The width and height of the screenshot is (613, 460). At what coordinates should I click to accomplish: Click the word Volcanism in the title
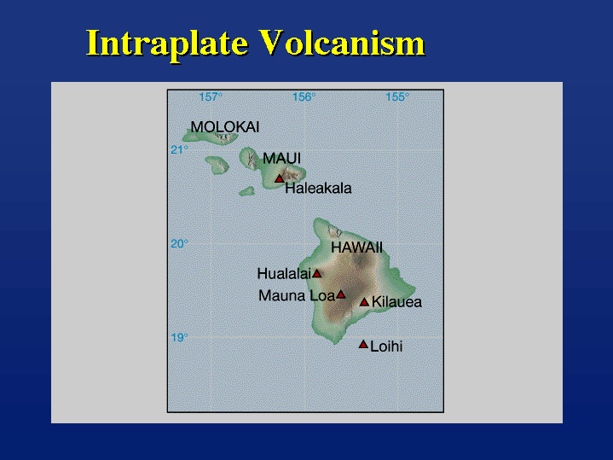342,43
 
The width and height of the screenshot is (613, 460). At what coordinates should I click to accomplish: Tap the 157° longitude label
211,96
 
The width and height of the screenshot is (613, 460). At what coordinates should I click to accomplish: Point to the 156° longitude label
304,96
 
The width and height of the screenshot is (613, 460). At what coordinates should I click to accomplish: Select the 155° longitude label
397,96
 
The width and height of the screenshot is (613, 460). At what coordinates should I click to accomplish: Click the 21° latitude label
179,150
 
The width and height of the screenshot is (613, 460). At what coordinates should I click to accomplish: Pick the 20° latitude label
179,244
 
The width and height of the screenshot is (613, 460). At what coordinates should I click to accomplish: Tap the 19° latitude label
179,337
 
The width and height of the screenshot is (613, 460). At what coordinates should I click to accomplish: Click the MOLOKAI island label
225,127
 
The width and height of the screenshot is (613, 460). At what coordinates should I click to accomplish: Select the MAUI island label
281,159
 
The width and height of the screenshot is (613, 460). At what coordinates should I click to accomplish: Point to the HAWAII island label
356,247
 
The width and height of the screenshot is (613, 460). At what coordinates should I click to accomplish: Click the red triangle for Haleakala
279,178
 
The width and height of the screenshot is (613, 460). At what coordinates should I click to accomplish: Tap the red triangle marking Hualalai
316,273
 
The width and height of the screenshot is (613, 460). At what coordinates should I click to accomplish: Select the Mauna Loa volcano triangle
341,294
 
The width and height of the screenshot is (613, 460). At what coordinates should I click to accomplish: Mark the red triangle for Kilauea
364,302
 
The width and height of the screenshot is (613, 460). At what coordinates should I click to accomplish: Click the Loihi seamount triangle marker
363,344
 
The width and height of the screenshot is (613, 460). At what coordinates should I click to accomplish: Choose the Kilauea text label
396,302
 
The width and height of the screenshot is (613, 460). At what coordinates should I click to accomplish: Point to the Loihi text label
386,346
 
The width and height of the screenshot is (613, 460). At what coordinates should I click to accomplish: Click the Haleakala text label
318,189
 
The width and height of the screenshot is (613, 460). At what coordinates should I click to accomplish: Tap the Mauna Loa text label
297,295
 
